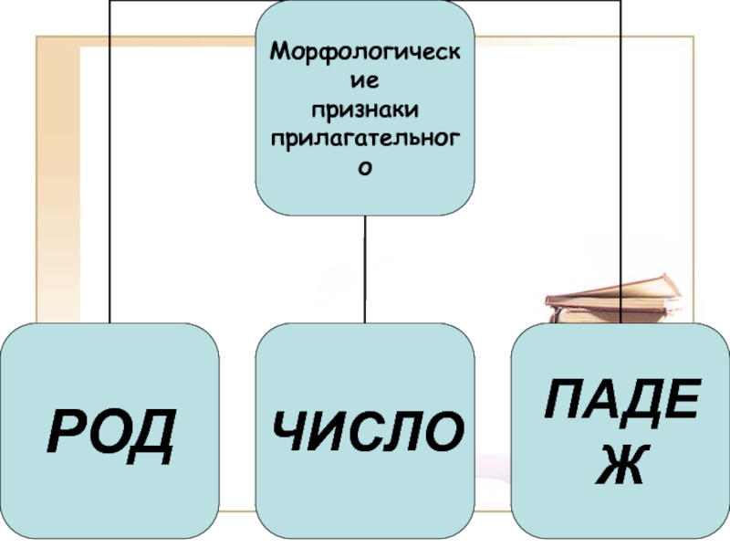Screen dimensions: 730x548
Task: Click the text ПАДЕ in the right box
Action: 620,403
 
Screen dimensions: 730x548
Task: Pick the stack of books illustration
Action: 614,301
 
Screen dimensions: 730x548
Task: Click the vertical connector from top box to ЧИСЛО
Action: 365,269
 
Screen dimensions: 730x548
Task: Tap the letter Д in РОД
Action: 155,434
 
